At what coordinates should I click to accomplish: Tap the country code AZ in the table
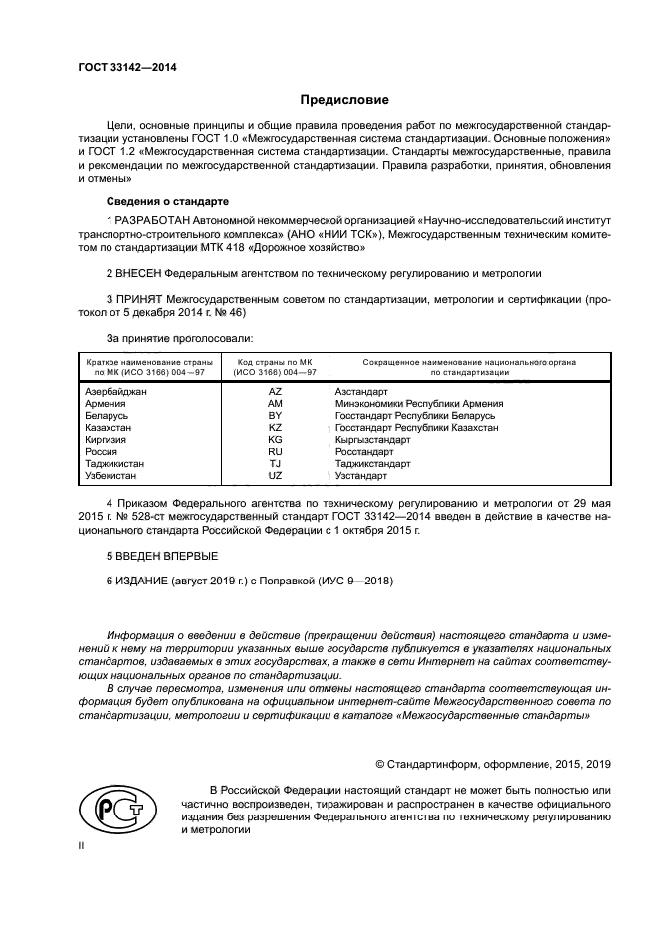(276, 392)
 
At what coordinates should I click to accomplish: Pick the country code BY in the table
(276, 416)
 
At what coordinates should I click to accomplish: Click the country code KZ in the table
(276, 428)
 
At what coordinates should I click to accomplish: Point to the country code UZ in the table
(276, 476)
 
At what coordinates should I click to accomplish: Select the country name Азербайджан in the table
(115, 392)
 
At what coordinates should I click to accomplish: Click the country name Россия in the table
(102, 452)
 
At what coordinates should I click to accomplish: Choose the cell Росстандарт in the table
(364, 452)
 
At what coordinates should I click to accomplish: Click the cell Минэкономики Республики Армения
(419, 404)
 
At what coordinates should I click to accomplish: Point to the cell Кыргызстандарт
(373, 440)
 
